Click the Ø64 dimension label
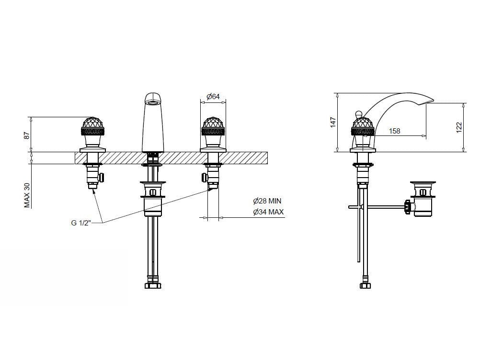point(213,97)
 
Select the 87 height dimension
point(28,135)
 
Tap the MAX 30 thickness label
point(28,195)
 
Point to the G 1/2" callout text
point(81,223)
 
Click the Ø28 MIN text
point(267,201)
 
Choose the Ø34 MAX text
point(268,212)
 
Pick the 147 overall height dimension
point(333,122)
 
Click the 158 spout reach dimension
point(394,131)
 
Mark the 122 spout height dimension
point(459,127)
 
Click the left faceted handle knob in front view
point(92,126)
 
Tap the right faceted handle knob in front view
point(213,126)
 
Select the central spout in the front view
point(153,123)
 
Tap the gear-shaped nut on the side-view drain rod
point(408,207)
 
